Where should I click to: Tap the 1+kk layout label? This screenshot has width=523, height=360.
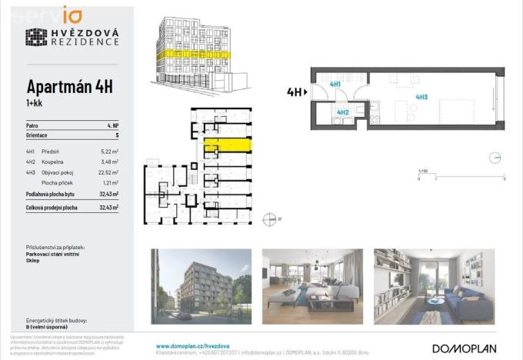click(x=35, y=104)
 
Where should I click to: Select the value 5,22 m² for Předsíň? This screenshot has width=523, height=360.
click(x=108, y=152)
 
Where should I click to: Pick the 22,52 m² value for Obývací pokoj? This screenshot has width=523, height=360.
click(x=108, y=173)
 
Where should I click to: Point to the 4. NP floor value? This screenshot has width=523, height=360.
click(x=112, y=125)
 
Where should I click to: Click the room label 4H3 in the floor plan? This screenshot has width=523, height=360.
click(x=421, y=97)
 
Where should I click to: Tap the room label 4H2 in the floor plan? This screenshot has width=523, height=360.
click(x=343, y=112)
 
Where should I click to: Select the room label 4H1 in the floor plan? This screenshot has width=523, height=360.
click(x=335, y=84)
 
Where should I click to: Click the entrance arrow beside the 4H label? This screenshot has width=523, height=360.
click(x=306, y=92)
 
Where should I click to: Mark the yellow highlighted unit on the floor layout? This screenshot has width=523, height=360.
click(x=228, y=144)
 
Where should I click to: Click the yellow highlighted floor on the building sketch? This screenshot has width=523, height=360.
click(x=192, y=55)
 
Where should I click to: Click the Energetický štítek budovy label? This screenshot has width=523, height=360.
click(x=55, y=319)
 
